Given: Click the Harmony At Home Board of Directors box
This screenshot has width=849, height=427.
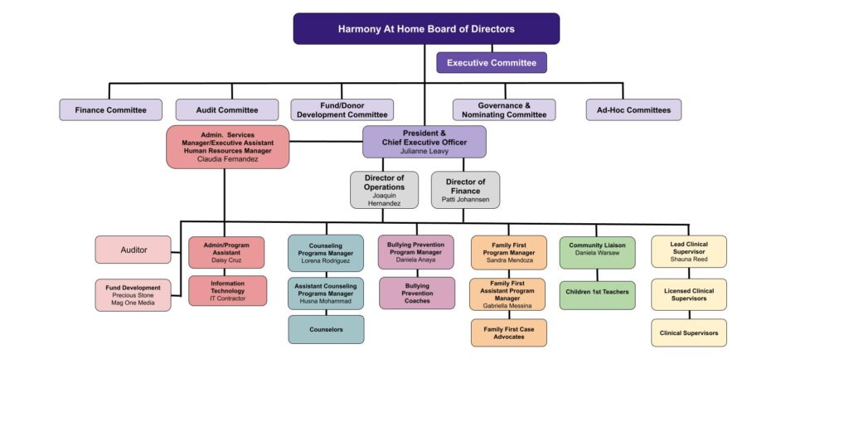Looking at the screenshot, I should [x=426, y=29].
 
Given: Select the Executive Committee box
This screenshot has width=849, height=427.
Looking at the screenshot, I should [x=492, y=63].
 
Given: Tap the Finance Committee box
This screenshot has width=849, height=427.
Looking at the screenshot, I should [x=110, y=110].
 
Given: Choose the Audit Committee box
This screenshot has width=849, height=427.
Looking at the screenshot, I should [x=226, y=110].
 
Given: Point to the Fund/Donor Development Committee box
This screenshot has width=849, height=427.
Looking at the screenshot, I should [x=342, y=110].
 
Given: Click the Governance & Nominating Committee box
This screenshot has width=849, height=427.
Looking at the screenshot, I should [x=504, y=110].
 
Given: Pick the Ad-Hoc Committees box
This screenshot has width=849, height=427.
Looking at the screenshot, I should [x=633, y=110].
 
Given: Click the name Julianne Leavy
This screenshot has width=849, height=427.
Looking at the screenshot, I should [x=424, y=152].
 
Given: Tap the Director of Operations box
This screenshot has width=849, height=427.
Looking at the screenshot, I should [x=384, y=190].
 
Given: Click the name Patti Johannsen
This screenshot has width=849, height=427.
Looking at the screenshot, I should [x=465, y=200].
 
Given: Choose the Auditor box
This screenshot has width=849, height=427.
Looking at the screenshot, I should [x=133, y=250].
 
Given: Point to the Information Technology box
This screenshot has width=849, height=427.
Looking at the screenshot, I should [x=227, y=290].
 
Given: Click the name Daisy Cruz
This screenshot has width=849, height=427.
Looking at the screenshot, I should [x=226, y=260].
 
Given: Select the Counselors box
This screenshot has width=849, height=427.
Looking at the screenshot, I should [x=326, y=329].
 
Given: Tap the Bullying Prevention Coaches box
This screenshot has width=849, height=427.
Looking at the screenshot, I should [x=417, y=293].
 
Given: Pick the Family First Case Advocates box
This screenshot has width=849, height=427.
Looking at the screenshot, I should [x=508, y=333].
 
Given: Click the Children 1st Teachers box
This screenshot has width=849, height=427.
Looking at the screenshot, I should [x=597, y=292].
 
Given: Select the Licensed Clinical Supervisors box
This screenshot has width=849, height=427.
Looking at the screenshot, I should [x=689, y=294].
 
